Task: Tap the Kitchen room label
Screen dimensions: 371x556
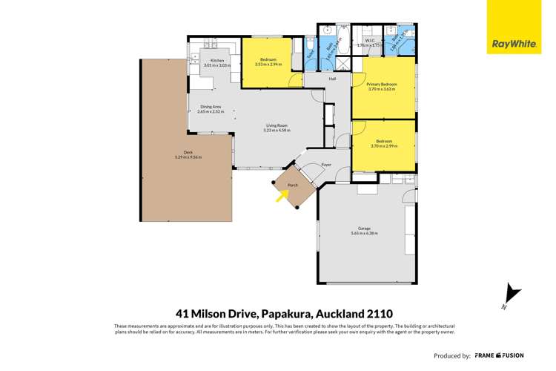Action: (216, 61)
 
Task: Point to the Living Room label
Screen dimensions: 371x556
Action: (277, 126)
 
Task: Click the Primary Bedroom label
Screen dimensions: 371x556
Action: (383, 85)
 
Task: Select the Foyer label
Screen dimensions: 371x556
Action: (325, 165)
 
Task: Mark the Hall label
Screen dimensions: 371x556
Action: (333, 79)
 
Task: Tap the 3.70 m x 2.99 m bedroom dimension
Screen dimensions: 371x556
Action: (383, 145)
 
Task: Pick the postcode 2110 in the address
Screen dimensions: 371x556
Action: (363, 313)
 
